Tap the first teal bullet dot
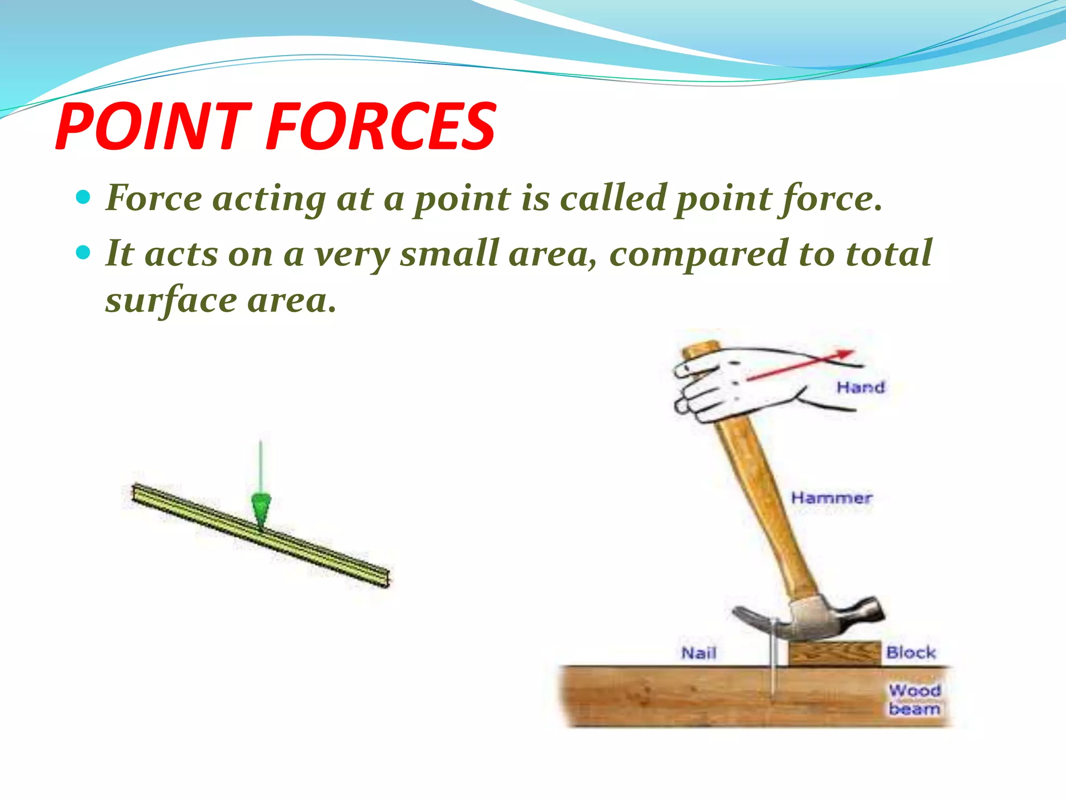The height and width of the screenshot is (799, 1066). click(x=83, y=198)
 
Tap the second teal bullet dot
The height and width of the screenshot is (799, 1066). click(x=83, y=253)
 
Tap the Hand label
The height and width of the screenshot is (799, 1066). click(x=860, y=388)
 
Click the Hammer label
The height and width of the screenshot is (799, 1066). click(x=831, y=498)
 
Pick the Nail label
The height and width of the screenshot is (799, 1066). click(x=699, y=653)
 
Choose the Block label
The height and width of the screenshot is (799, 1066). click(x=910, y=652)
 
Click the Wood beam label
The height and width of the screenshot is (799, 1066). click(x=914, y=700)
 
